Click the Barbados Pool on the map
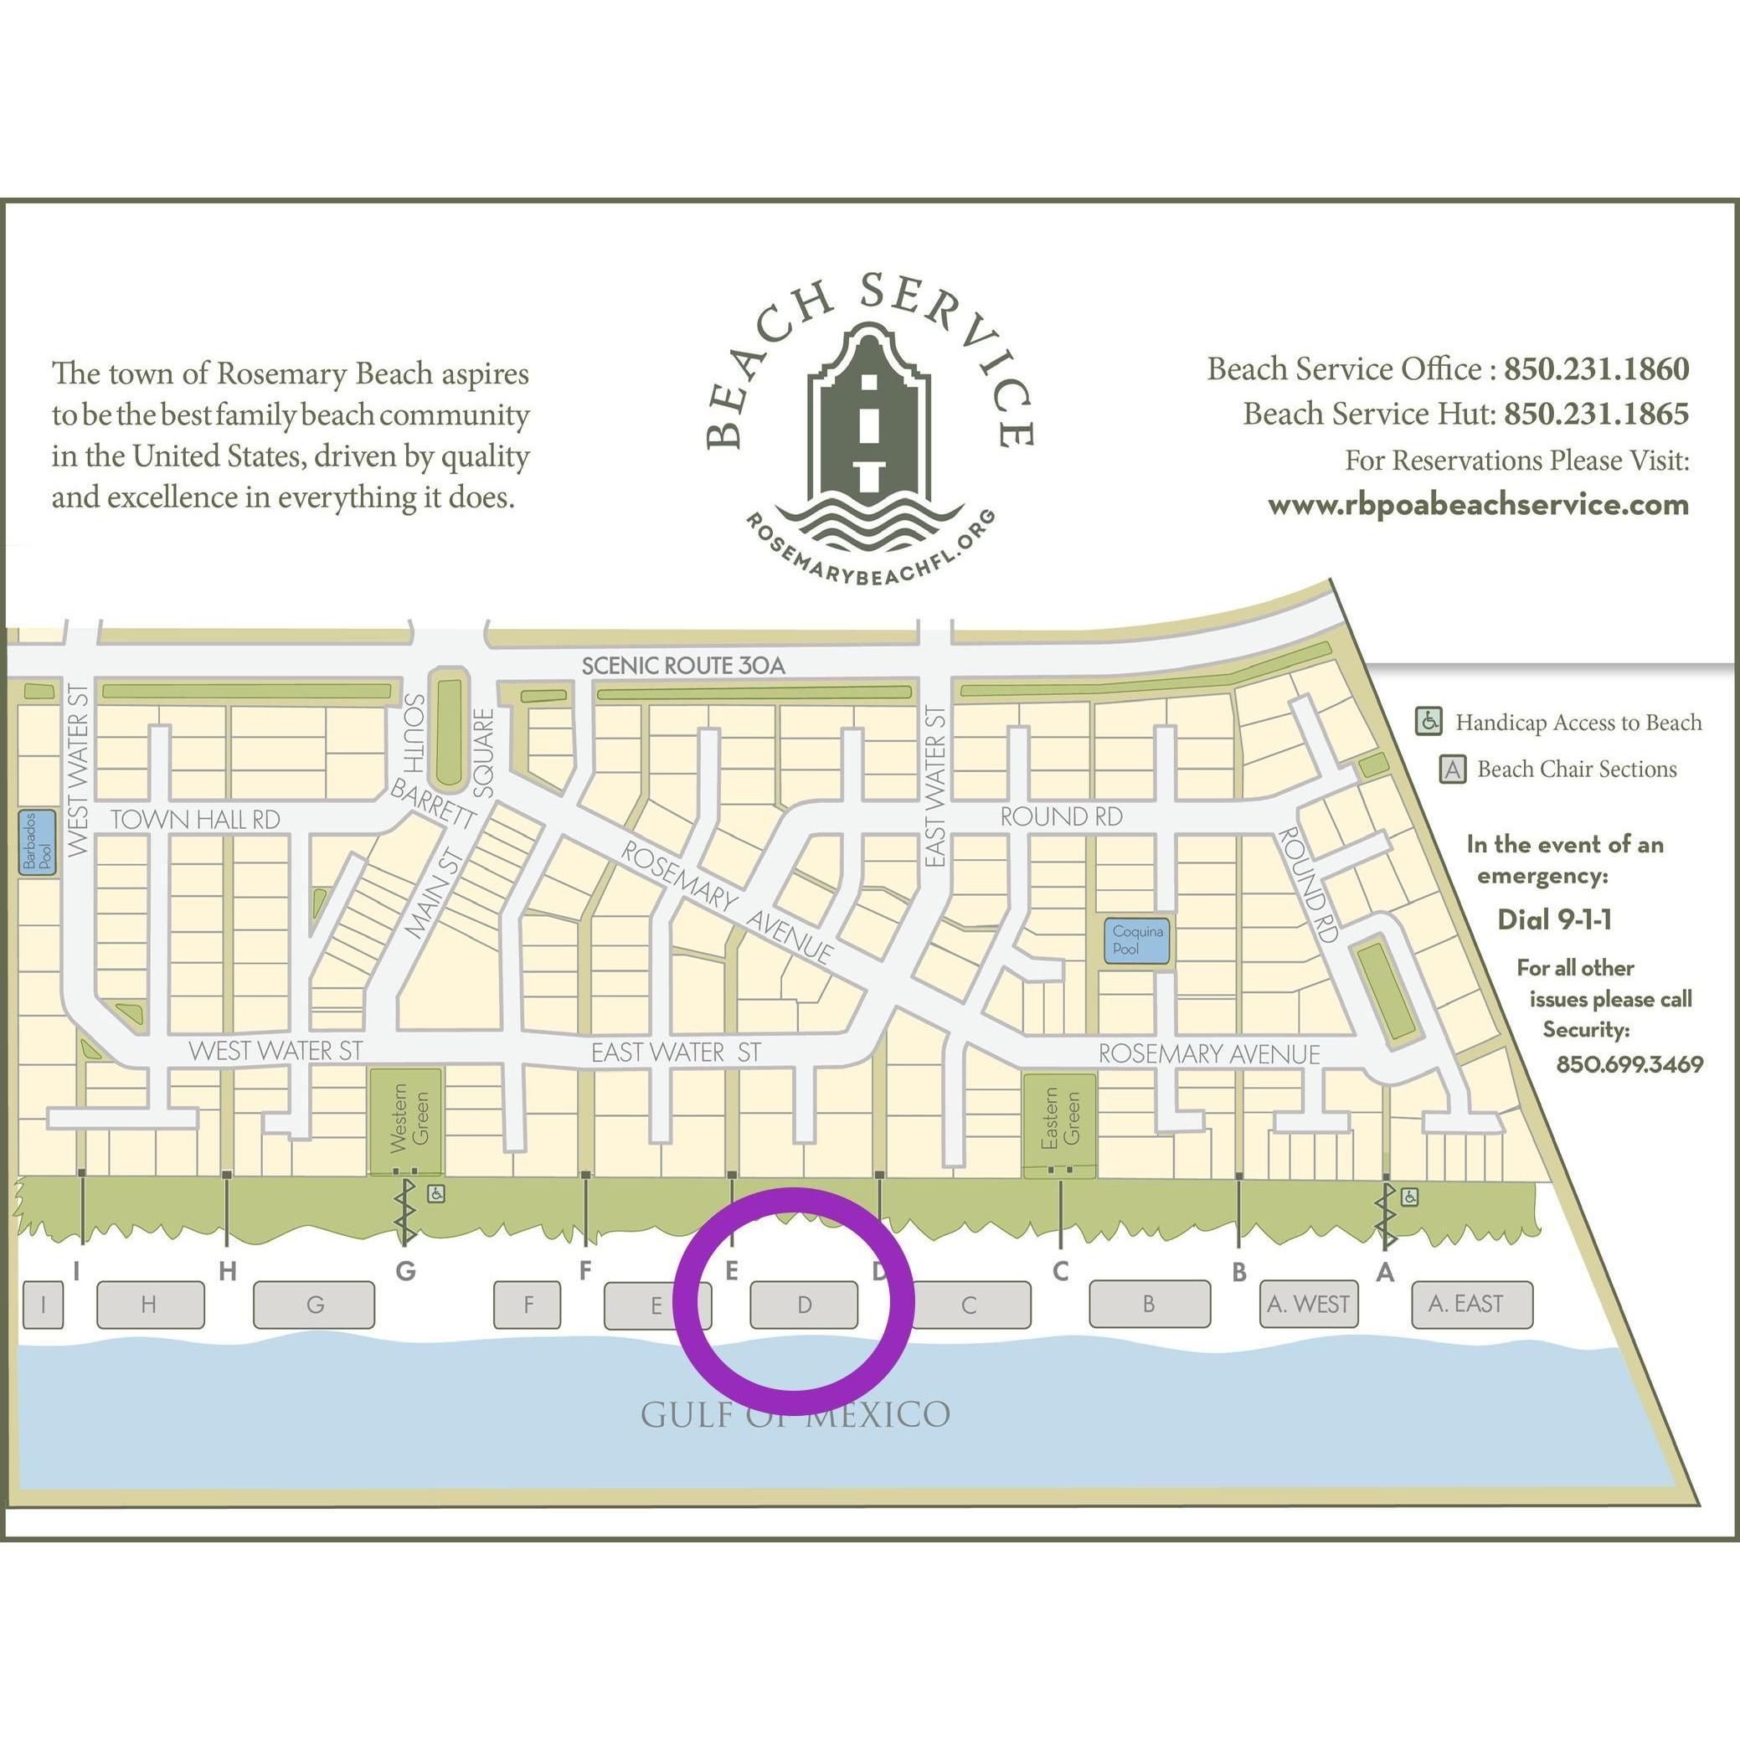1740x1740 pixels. click(x=38, y=842)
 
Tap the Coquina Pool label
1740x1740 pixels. click(x=1137, y=940)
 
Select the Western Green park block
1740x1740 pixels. click(x=405, y=1120)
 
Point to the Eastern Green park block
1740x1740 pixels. click(x=1060, y=1121)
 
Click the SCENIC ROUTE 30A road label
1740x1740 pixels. click(x=682, y=666)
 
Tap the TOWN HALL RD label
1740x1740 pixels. click(x=194, y=819)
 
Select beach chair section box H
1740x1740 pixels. click(x=150, y=1304)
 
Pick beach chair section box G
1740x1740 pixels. click(x=313, y=1304)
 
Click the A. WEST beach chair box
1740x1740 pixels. click(x=1307, y=1304)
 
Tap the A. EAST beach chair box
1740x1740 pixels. click(x=1465, y=1304)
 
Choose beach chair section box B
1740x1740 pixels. click(x=1148, y=1304)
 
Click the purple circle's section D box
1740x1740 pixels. click(x=803, y=1305)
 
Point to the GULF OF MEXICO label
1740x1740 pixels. click(x=795, y=1414)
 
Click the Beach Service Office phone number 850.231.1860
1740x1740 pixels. click(x=1596, y=368)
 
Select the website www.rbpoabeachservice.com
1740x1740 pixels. click(x=1478, y=504)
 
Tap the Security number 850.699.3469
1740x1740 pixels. click(x=1629, y=1063)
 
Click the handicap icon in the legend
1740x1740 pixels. click(x=1429, y=722)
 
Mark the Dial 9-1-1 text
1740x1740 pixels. click(x=1553, y=919)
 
